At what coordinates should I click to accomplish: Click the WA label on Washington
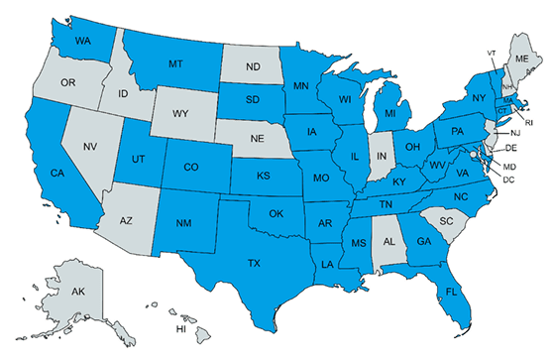point(83,42)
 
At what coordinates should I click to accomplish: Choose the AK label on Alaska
point(75,292)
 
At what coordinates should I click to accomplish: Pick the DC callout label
point(508,180)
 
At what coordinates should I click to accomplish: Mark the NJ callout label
point(515,132)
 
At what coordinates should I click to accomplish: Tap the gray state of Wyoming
point(179,113)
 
